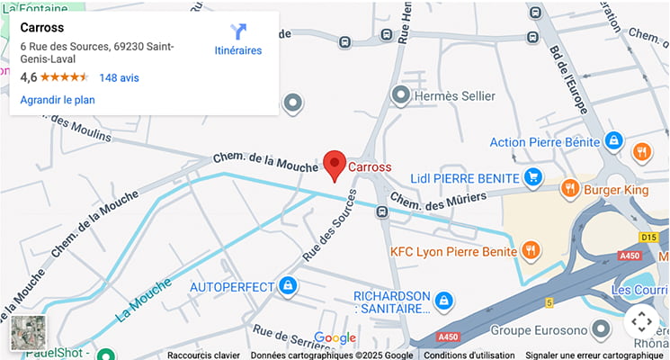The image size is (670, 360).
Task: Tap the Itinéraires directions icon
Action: tap(238, 32)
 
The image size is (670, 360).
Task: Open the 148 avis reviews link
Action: tap(119, 78)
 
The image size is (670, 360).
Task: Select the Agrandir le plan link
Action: tap(58, 100)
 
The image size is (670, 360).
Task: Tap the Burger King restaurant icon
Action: tap(568, 189)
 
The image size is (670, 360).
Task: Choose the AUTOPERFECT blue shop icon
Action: tap(288, 287)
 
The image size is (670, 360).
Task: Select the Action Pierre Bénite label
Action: tap(545, 141)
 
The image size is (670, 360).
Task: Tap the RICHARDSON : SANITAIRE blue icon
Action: tap(442, 299)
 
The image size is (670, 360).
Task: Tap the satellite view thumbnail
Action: tap(28, 331)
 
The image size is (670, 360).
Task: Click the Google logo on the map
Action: tap(335, 338)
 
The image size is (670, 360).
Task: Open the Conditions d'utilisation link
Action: tap(469, 355)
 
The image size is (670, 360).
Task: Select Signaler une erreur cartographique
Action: tap(594, 355)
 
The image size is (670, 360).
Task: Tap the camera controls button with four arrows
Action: tap(640, 319)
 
